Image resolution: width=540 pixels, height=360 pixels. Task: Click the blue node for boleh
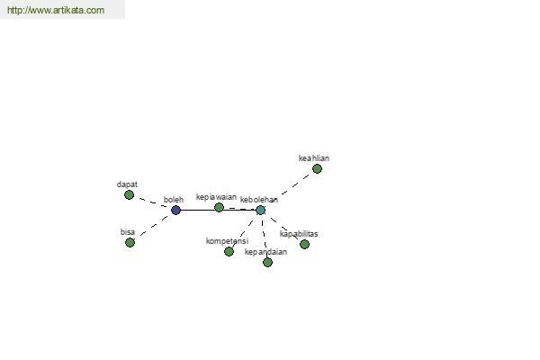(175, 210)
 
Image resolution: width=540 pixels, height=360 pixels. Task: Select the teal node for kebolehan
(260, 210)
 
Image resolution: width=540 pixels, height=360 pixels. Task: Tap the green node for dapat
(129, 195)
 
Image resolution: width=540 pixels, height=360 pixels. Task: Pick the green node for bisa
(130, 242)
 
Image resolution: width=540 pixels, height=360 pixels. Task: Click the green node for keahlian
(317, 169)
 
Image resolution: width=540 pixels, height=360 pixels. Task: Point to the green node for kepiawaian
(219, 207)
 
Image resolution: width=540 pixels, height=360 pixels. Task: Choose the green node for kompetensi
(229, 251)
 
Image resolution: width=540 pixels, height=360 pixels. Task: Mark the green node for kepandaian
(267, 263)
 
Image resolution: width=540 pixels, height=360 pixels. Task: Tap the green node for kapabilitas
(304, 244)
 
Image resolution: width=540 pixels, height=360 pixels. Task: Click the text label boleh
(174, 200)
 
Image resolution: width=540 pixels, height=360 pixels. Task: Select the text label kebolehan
(259, 200)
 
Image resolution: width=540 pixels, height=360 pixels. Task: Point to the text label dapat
(127, 184)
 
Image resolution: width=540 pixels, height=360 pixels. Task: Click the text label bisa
(128, 232)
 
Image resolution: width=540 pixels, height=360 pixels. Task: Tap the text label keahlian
(314, 158)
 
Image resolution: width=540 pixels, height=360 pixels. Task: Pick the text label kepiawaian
(216, 197)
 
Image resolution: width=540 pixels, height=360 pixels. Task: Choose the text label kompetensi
(227, 241)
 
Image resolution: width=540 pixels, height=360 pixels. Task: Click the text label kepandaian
(265, 252)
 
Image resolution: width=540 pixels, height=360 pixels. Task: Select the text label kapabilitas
(299, 234)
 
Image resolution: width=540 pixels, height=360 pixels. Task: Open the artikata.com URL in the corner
(56, 10)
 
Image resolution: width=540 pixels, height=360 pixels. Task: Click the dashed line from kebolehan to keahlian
(295, 185)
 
